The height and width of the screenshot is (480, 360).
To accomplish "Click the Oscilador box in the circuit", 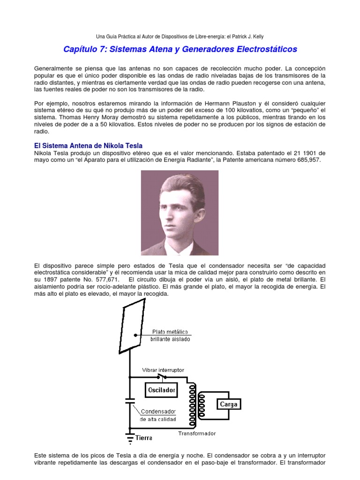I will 162,389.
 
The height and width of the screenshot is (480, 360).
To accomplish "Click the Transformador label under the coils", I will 197,434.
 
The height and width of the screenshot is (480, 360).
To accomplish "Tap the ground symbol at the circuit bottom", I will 130,437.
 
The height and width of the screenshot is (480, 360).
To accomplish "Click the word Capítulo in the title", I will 80,49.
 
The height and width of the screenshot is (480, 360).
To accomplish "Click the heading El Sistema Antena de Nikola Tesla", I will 89,146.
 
